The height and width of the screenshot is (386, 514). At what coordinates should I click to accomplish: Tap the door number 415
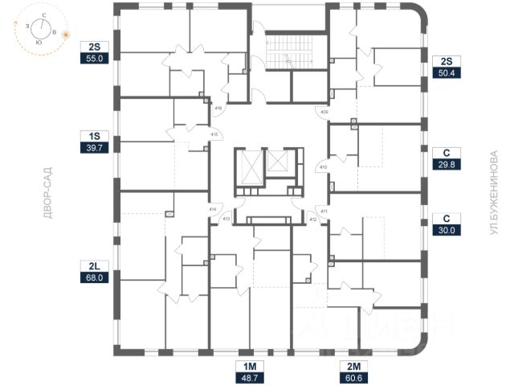tap(214, 133)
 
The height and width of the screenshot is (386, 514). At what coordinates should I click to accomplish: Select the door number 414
tap(213, 209)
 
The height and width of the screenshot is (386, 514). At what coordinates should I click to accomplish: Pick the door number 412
tap(312, 217)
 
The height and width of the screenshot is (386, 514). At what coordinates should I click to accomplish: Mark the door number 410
tap(323, 167)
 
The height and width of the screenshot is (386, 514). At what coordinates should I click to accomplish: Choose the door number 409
tap(324, 112)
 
